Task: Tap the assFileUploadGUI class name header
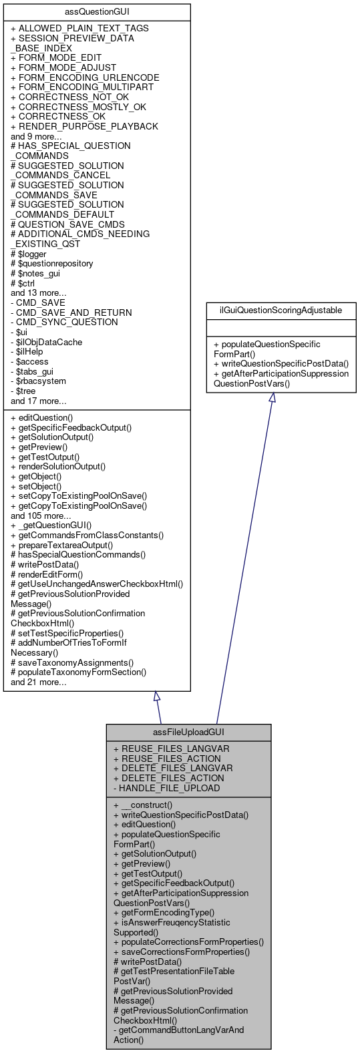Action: click(188, 732)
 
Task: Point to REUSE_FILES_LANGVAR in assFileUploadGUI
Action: click(171, 749)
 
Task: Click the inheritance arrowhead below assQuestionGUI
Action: click(157, 696)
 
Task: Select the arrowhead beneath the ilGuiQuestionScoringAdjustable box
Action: click(271, 397)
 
